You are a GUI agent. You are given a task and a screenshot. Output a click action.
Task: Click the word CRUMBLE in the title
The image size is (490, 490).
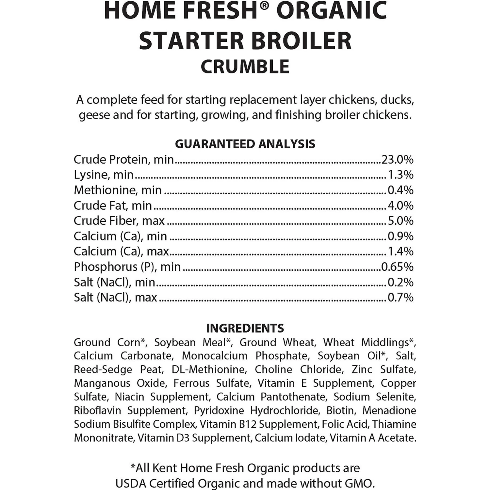(245, 67)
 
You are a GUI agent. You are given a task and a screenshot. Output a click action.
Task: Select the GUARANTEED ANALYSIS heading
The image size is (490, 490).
(245, 144)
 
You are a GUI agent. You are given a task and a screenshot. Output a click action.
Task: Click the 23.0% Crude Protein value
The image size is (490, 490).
(397, 159)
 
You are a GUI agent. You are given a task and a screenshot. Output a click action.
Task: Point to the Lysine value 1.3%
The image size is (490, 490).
(400, 175)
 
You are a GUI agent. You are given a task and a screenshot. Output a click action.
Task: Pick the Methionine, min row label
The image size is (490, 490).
(118, 190)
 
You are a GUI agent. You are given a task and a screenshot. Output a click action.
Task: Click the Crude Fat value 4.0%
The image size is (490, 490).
(400, 205)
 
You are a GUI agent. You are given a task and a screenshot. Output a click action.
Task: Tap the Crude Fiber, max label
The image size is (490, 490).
(119, 221)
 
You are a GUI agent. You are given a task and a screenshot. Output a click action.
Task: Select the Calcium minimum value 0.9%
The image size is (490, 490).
(400, 236)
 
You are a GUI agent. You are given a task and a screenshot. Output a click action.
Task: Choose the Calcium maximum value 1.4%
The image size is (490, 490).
(400, 251)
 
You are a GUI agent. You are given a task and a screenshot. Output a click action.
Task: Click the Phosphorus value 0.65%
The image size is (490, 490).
(397, 267)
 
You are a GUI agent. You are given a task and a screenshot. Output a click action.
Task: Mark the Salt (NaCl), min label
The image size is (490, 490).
(114, 282)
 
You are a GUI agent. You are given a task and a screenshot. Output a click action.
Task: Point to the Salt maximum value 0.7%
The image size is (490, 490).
(400, 297)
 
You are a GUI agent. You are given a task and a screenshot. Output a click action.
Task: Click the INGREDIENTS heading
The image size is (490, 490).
(245, 328)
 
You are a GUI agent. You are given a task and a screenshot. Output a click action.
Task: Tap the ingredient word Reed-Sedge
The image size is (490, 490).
(103, 369)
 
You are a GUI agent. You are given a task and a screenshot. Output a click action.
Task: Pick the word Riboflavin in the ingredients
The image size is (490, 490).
(97, 410)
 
